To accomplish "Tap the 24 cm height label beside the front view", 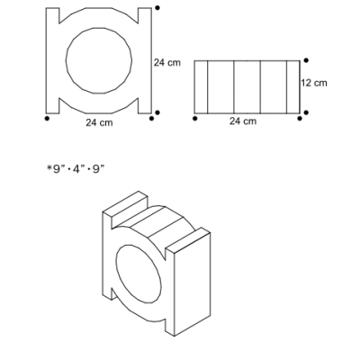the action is coord(167,62).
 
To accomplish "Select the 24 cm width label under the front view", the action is coord(99,122).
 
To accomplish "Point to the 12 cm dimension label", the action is coord(314,83).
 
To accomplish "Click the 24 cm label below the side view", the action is coord(243,121).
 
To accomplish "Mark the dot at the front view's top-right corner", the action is coord(157,8).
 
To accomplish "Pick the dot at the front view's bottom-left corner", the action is coord(47,119).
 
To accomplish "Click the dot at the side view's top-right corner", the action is coord(306,60).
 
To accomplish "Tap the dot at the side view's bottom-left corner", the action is coord(195,119).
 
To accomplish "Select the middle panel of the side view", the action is coord(247,87).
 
